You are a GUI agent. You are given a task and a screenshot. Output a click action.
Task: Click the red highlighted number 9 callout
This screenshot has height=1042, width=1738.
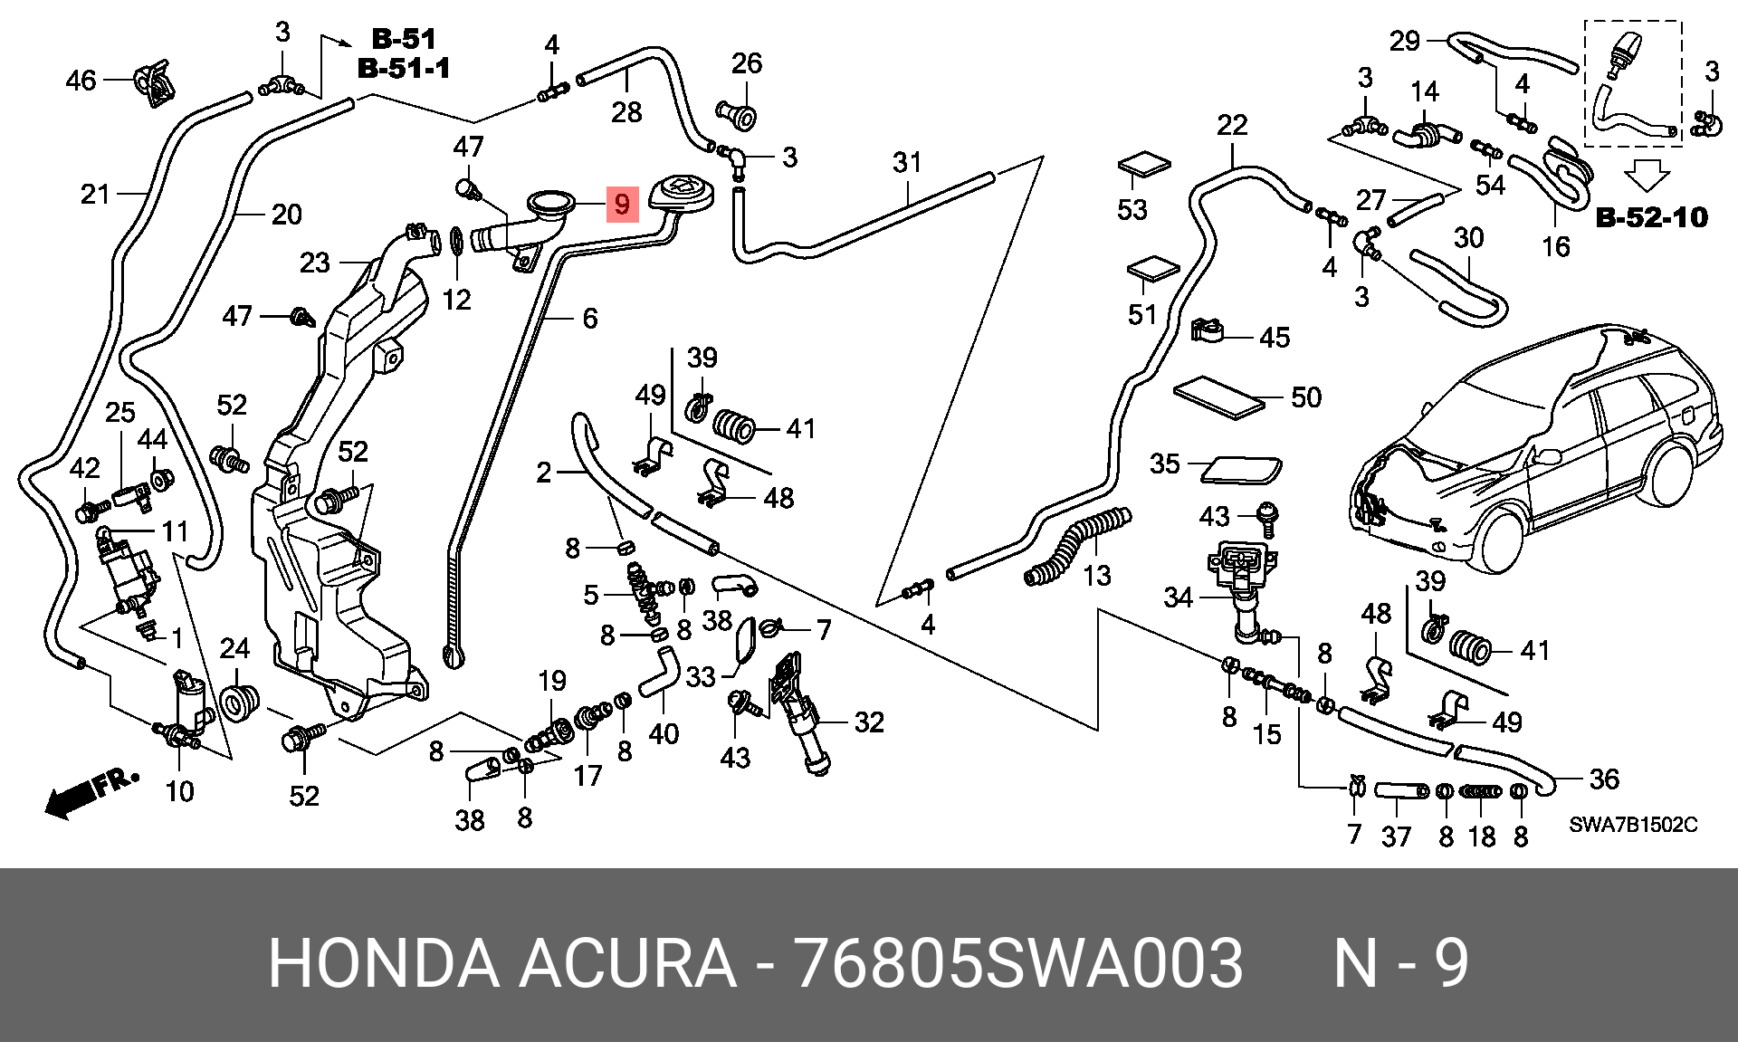click(621, 205)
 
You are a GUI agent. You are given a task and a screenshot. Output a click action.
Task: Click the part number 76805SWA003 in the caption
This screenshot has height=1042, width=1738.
click(1017, 964)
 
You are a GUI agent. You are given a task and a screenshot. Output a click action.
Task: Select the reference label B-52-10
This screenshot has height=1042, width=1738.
click(1651, 218)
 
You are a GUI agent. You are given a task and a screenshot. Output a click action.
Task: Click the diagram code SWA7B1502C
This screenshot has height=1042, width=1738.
click(1633, 825)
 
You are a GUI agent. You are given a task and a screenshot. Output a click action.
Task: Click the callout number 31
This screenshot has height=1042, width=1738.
click(906, 163)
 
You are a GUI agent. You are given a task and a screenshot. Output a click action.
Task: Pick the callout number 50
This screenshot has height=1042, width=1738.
click(1305, 397)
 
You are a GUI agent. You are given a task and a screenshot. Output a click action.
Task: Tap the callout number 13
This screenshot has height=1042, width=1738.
click(1096, 575)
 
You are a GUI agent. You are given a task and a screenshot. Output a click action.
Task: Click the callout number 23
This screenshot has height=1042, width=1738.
click(315, 263)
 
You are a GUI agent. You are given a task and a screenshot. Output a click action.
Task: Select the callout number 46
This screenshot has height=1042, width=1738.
click(81, 81)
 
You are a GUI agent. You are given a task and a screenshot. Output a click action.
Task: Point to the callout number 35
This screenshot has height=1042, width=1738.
click(1165, 464)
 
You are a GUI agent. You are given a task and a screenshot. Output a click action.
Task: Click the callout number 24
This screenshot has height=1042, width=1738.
click(234, 649)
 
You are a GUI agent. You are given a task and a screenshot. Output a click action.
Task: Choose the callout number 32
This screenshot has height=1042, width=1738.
click(868, 722)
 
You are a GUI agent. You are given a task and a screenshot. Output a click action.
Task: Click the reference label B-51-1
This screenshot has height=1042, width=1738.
click(404, 69)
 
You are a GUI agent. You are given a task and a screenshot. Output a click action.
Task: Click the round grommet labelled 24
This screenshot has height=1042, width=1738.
click(240, 701)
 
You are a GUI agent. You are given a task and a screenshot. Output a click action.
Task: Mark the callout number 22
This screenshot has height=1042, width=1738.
click(1232, 126)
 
